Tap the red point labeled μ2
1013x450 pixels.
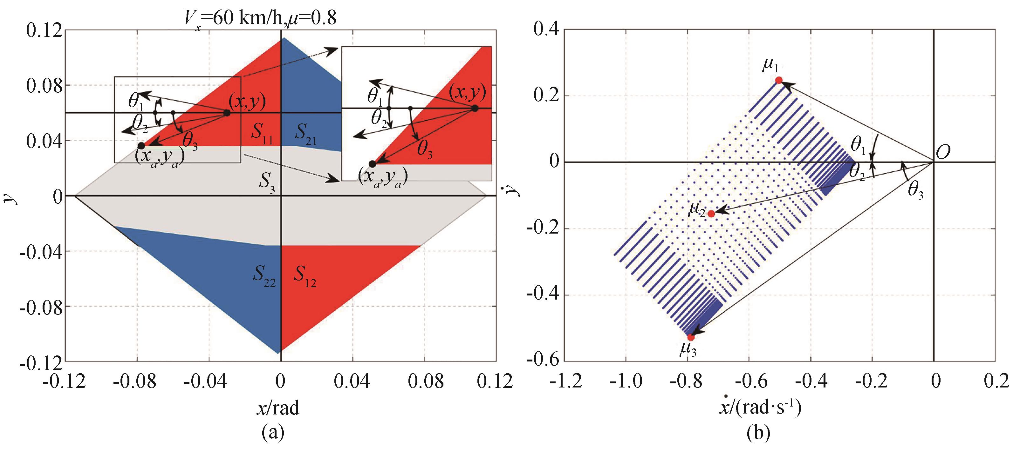[711, 214]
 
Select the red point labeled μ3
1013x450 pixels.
[691, 337]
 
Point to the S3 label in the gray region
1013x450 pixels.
[267, 183]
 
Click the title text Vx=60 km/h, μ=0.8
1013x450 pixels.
[260, 18]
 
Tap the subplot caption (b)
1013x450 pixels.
[758, 433]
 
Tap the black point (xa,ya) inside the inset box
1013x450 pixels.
[372, 164]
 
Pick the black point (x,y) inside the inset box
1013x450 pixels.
[475, 109]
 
